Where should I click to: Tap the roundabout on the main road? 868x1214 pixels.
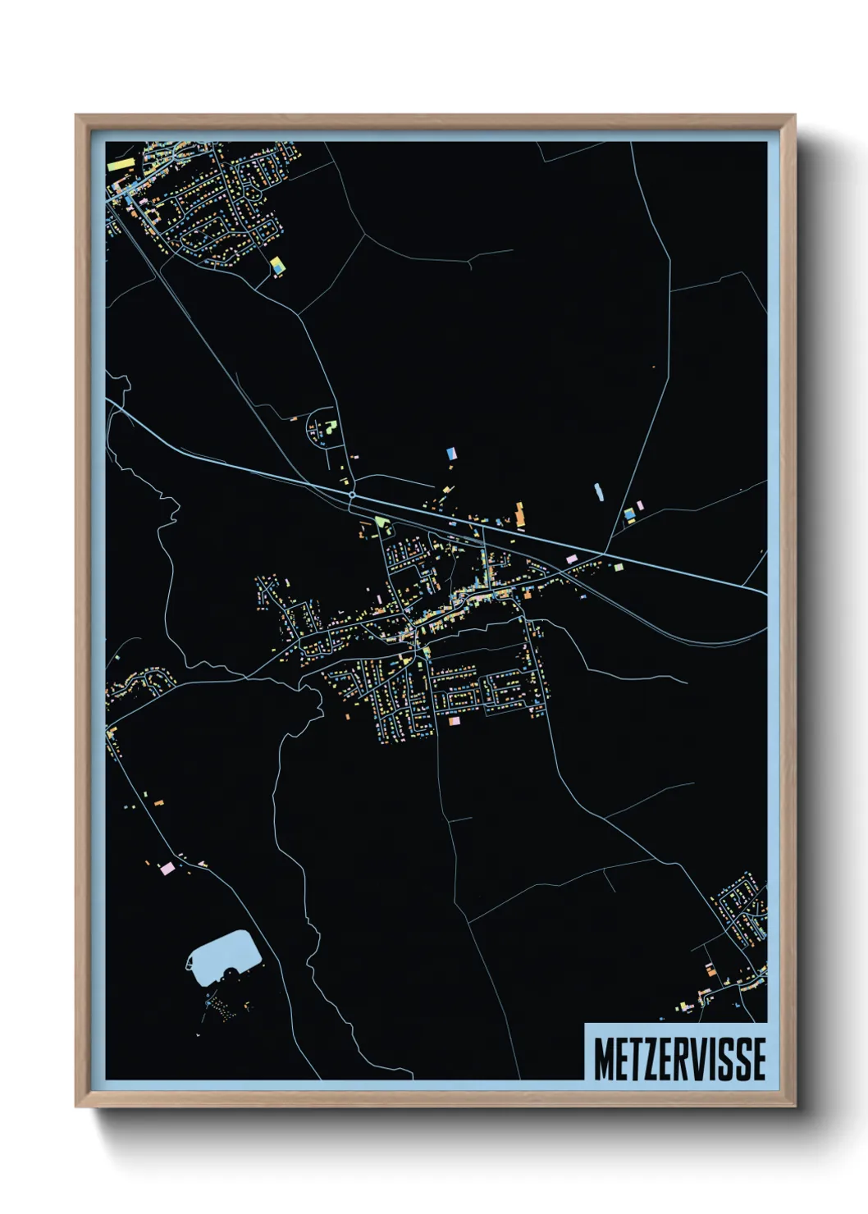[x=352, y=495]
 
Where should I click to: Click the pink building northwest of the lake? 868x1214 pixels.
[x=167, y=867]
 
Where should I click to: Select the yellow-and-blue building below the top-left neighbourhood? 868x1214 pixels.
[x=277, y=265]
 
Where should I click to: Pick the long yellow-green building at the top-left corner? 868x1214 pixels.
[x=121, y=164]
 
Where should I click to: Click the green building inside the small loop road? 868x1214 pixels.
[x=331, y=427]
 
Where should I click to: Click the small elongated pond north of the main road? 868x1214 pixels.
[x=599, y=492]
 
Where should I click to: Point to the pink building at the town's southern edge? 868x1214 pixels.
[x=454, y=721]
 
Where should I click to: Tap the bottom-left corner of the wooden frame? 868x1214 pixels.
[x=76, y=1106]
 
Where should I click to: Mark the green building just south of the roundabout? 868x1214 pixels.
[x=380, y=521]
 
